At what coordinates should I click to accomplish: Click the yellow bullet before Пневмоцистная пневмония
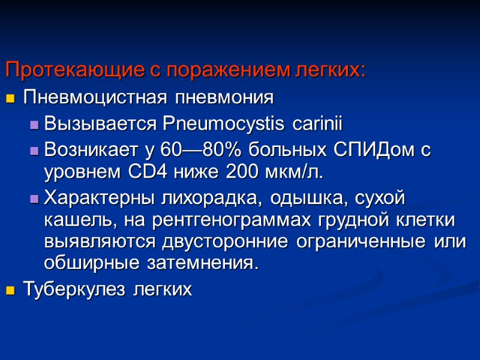[x=10, y=98]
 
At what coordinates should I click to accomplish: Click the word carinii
[x=317, y=124]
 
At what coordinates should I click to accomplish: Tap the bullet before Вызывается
[x=34, y=125]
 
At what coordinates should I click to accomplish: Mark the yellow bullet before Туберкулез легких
[x=10, y=292]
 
